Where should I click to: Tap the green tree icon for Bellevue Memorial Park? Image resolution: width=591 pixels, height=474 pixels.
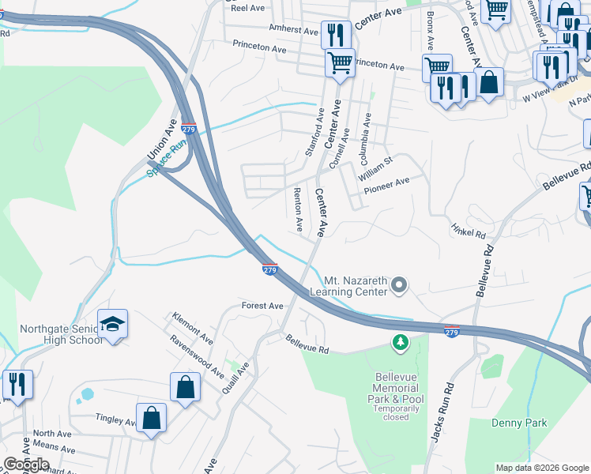401,342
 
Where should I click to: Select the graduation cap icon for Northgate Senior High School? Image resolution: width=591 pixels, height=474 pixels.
113,324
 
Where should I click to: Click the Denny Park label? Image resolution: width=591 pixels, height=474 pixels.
519,423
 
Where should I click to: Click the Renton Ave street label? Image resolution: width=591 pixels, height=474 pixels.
299,209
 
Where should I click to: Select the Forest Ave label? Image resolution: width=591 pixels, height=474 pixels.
262,306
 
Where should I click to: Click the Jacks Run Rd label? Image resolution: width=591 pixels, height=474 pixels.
449,412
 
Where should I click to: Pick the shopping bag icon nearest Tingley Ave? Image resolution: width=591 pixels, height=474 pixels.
151,417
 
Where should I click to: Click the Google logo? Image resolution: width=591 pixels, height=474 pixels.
26,465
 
